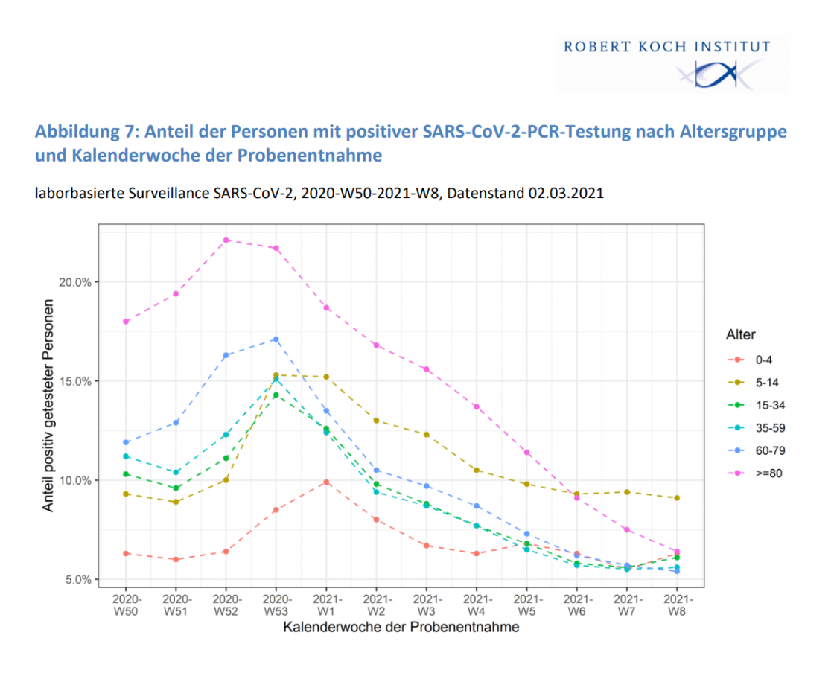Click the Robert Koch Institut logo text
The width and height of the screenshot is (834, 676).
pos(666,47)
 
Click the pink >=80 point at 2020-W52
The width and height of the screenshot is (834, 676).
pos(226,240)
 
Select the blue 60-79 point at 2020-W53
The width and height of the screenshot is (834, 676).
pos(276,339)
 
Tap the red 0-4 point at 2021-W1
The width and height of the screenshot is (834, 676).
pos(326,482)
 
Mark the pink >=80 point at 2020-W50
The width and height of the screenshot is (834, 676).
pos(127,322)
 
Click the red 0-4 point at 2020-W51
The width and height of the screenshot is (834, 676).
pos(176,559)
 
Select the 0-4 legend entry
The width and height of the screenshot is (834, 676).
pos(763,360)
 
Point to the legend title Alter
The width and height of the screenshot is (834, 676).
pos(740,335)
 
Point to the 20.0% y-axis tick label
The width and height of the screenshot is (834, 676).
pos(74,282)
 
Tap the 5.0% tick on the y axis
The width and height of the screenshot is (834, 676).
pos(76,579)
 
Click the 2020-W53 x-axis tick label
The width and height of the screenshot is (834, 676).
pos(276,604)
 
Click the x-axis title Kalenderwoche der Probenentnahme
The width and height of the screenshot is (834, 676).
pos(401,628)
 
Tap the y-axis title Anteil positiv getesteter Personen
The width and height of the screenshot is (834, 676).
pos(49,406)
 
